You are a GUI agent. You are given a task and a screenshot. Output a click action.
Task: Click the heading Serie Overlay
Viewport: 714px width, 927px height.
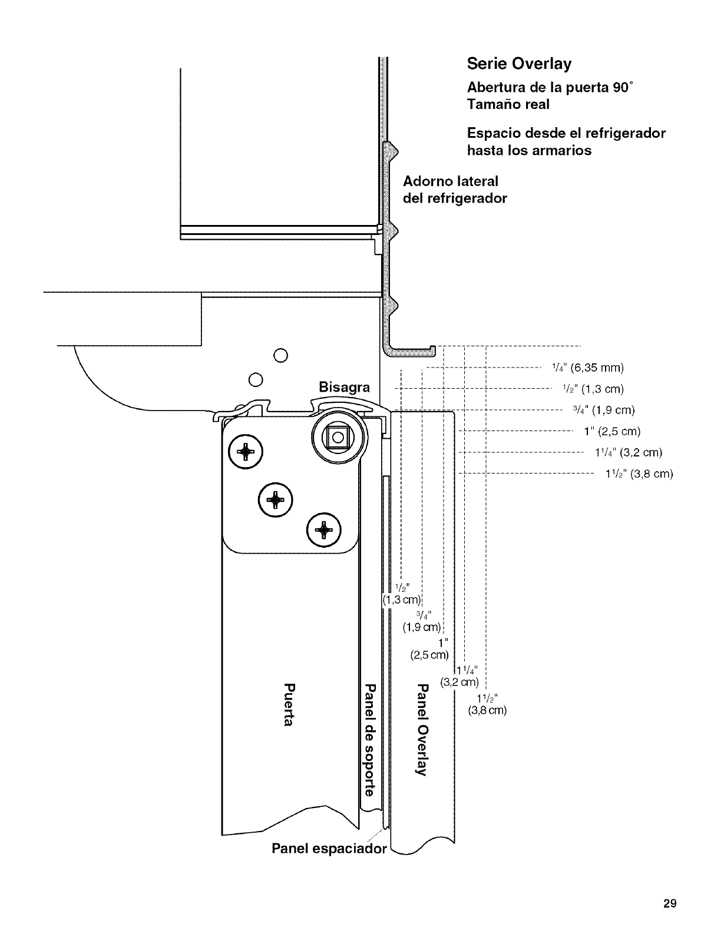pos(518,64)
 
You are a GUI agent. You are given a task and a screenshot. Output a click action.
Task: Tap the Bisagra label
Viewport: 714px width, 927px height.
pos(344,388)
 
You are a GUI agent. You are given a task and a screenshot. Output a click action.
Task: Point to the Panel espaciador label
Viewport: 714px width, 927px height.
pos(329,849)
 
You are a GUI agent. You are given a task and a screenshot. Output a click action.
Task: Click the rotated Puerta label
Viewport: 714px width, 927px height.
pos(288,705)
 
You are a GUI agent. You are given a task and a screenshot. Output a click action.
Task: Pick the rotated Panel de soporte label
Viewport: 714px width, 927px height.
pos(369,740)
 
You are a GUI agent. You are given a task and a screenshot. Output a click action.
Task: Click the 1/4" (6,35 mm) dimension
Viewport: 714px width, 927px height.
pos(587,368)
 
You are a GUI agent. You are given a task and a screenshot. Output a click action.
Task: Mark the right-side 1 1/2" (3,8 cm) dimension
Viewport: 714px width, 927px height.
pos(639,474)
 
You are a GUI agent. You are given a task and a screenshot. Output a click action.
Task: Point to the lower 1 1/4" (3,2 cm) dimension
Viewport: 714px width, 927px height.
pos(462,677)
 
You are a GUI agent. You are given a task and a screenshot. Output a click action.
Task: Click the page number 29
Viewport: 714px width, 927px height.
pos(669,903)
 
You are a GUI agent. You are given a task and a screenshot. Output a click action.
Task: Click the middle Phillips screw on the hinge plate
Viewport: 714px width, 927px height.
pos(275,499)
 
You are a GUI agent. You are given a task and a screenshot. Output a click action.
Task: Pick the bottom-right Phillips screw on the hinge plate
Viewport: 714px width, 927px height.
pos(323,529)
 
